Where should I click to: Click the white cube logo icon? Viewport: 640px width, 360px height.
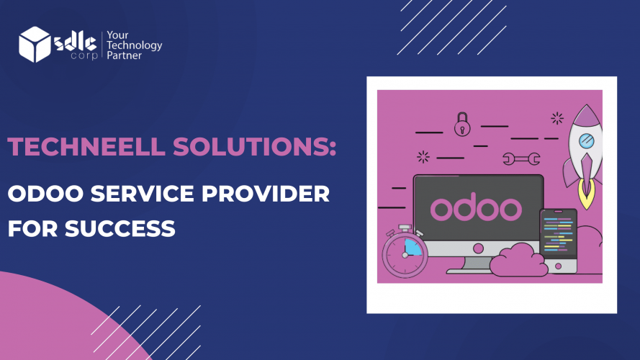click(35, 45)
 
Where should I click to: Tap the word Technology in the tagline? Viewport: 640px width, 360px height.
click(135, 45)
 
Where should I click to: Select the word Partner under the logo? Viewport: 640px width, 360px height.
click(124, 55)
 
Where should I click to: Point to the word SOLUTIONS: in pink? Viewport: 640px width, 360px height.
click(255, 147)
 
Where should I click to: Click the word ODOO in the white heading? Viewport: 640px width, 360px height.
click(45, 194)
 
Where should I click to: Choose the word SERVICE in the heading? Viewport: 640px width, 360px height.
click(142, 194)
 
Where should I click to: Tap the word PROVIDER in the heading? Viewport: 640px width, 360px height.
click(266, 194)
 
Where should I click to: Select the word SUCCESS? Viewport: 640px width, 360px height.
click(120, 228)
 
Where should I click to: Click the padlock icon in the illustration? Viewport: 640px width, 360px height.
click(462, 125)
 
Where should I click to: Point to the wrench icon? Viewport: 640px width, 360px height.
click(521, 159)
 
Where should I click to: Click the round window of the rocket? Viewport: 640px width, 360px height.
click(587, 141)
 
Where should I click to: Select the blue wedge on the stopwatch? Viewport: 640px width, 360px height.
click(413, 248)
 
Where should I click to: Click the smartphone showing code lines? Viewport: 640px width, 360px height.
click(558, 240)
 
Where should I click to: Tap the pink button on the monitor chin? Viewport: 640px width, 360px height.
click(478, 248)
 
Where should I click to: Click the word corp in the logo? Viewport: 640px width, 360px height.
click(84, 55)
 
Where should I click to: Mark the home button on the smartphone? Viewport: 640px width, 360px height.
click(559, 266)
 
